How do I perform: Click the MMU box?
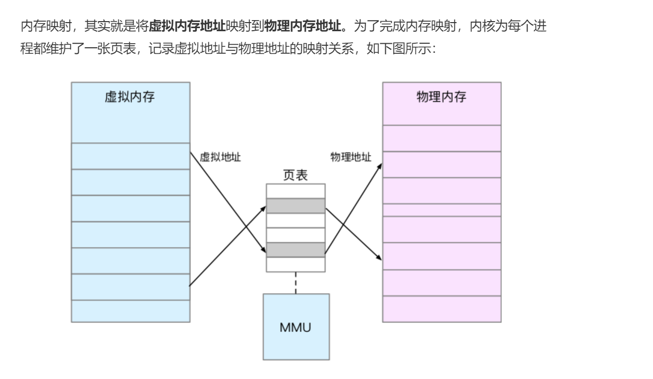(296, 327)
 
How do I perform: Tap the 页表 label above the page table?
(295, 175)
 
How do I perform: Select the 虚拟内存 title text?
(130, 97)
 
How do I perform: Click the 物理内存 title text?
(441, 97)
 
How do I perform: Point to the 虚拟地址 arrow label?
(220, 157)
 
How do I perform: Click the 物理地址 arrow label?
(351, 157)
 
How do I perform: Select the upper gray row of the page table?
(295, 206)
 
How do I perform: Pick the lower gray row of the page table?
(295, 250)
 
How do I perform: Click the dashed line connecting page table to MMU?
(295, 283)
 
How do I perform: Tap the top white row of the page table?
(295, 192)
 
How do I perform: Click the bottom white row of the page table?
(295, 264)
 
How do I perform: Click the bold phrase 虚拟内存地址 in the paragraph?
(188, 25)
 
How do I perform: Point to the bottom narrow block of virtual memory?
(130, 311)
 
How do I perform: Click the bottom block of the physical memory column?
(441, 309)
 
